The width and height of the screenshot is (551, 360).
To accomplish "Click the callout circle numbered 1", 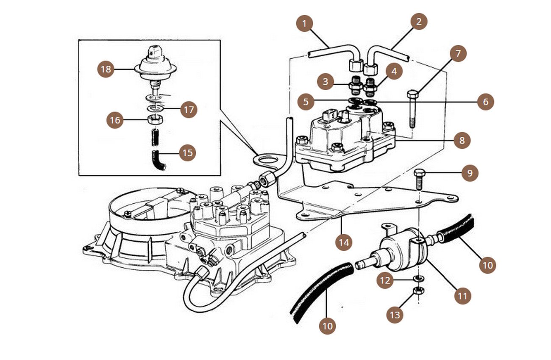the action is click(304, 24).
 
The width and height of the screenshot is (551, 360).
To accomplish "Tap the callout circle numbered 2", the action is click(419, 21).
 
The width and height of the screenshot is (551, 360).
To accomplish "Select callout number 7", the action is click(458, 53).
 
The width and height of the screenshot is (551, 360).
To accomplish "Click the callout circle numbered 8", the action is click(462, 140).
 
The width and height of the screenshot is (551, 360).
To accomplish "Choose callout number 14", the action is click(344, 242).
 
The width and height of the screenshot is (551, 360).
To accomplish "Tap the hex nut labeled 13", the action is click(419, 291).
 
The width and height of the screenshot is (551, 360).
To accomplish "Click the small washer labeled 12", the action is click(418, 278).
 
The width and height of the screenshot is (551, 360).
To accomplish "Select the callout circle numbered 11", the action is click(463, 296).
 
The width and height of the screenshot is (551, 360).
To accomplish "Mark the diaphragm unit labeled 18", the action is click(155, 67).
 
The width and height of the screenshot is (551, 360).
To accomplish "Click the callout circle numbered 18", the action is click(106, 69).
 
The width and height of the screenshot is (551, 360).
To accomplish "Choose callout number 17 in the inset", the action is click(189, 110).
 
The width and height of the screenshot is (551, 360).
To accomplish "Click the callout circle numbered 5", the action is click(306, 102).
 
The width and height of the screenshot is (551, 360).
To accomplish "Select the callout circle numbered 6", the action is click(486, 102).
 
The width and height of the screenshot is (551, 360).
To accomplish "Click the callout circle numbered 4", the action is click(394, 71).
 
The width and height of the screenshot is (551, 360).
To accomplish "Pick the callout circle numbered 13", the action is click(395, 315).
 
